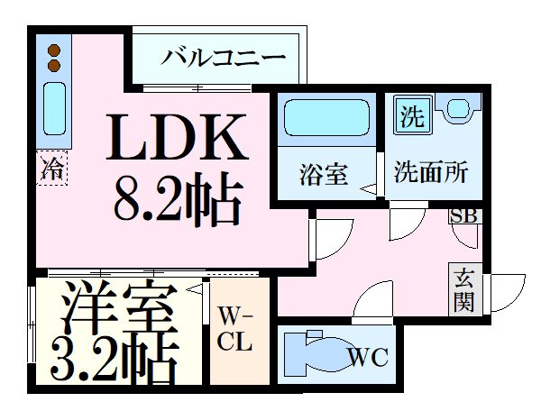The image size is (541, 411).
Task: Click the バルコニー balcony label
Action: point(224,58)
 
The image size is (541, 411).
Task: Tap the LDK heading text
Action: point(177,137)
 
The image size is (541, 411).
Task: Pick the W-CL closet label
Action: point(234,329)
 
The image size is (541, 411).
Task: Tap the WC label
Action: point(368,357)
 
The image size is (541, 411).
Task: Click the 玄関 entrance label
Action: point(464,289)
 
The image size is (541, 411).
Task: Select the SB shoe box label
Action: point(463,216)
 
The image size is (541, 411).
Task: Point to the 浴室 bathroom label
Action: point(324,174)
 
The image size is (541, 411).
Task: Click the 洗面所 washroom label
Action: point(431,171)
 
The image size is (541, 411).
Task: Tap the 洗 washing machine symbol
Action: point(412,114)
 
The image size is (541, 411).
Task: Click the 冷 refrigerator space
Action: point(51,168)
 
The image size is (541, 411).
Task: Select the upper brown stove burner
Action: point(54,50)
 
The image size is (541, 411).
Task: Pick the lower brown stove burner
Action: point(54,65)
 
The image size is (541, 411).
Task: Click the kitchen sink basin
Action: point(54,109)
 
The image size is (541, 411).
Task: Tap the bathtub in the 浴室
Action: point(326,117)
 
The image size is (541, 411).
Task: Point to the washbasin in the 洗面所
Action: point(457,107)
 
